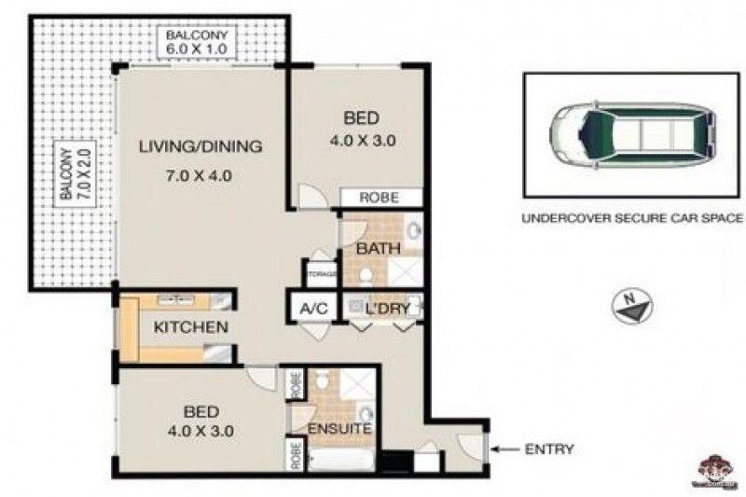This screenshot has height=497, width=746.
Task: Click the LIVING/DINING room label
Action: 200,146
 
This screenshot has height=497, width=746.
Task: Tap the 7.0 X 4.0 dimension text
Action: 200,174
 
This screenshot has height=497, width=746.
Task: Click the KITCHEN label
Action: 190,327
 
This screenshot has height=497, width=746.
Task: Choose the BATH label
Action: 380,249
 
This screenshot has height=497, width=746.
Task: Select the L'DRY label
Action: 383,308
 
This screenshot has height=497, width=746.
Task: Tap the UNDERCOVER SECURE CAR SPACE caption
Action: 631,221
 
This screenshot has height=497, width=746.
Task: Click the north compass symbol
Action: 632,306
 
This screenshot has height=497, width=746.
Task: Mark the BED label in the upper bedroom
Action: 361,118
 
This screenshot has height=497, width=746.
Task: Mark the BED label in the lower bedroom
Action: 202,411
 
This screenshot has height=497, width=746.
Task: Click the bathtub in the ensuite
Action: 343,460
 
